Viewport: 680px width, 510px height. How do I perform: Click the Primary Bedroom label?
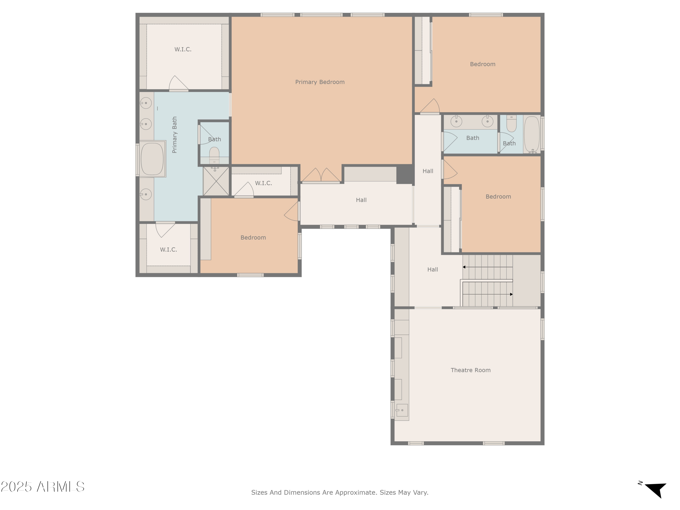pyautogui.click(x=320, y=82)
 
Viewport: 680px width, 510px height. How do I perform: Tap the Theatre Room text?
pyautogui.click(x=470, y=370)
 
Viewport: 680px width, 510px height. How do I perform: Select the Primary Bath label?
pyautogui.click(x=175, y=135)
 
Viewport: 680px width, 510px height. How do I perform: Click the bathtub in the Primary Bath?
pyautogui.click(x=152, y=159)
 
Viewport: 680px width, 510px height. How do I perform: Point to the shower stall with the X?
pyautogui.click(x=216, y=181)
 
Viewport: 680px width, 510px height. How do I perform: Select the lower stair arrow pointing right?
pyautogui.click(x=511, y=294)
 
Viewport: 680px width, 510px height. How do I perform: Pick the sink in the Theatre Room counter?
pyautogui.click(x=402, y=410)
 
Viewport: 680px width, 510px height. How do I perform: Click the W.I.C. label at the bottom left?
pyautogui.click(x=168, y=250)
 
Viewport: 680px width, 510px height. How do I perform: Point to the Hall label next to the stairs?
pyautogui.click(x=432, y=270)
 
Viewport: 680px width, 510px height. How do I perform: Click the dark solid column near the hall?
pyautogui.click(x=405, y=174)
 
